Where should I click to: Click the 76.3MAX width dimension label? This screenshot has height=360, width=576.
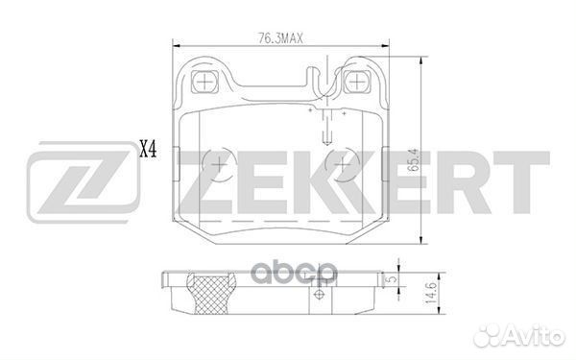pos(280,38)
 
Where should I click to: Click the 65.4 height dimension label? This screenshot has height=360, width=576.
pos(414,159)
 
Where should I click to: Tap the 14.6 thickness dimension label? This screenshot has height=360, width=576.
pos(431,293)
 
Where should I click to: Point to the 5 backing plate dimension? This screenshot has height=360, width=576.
pos(393,278)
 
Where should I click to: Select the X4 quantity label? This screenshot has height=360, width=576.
pos(148,150)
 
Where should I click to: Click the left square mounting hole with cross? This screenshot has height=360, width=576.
pos(204,82)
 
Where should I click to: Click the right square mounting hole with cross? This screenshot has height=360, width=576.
pos(355,82)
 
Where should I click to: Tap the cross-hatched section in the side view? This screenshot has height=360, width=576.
pos(210,295)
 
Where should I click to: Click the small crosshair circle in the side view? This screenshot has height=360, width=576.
pos(319,295)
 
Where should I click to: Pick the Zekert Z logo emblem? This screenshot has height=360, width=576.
pos(84,182)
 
